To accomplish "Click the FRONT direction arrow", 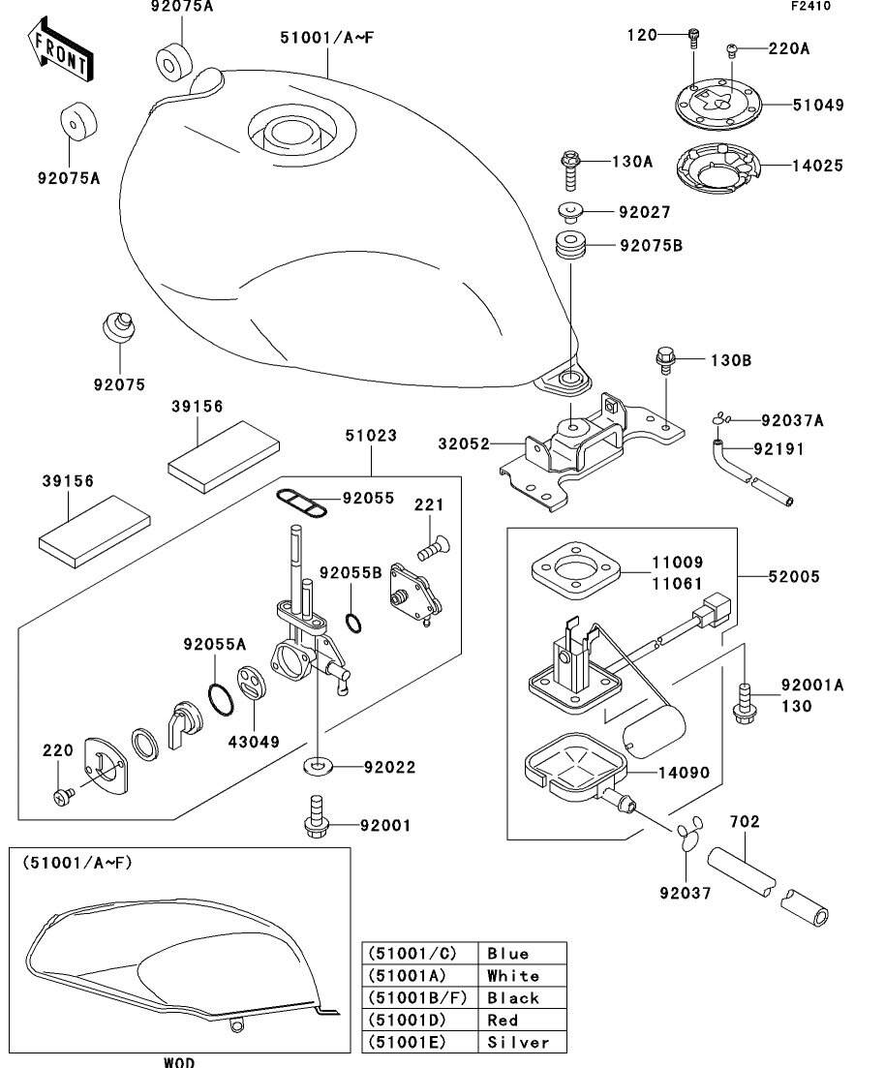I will tap(60, 53).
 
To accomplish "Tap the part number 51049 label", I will tap(818, 106).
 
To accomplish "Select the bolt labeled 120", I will tap(693, 38).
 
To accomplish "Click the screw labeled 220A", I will tap(733, 47).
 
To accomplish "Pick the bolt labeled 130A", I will tap(570, 169).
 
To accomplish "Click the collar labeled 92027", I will tap(569, 212).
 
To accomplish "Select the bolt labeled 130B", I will tap(665, 360).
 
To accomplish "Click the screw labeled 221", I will tap(429, 548).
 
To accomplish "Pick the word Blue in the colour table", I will tap(508, 954).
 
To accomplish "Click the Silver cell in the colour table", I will tap(519, 1043).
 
